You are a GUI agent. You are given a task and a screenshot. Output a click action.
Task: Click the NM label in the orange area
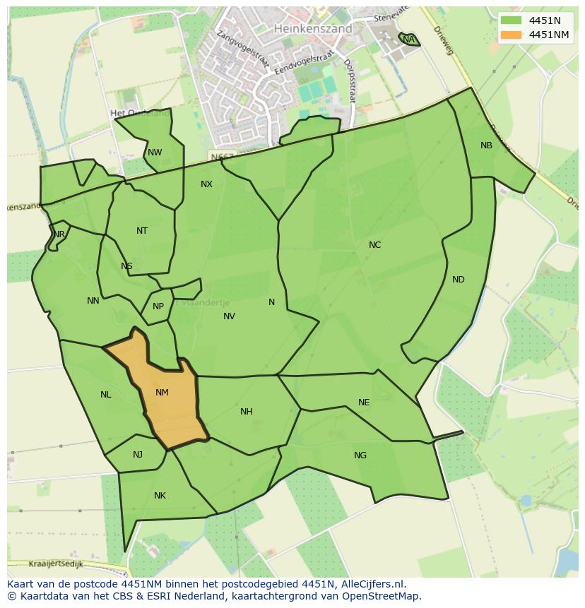pos(162,393)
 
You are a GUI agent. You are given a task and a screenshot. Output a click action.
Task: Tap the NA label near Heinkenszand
pos(408,40)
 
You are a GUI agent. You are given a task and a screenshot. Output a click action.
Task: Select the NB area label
pos(486,145)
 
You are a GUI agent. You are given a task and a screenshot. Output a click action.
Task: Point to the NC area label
pos(374,245)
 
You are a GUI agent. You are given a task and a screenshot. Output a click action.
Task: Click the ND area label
pos(459,280)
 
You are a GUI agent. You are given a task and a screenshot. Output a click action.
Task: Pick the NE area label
pos(364,403)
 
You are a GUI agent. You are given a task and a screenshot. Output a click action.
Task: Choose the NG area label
pos(360,455)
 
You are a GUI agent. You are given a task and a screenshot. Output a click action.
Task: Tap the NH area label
pos(246,412)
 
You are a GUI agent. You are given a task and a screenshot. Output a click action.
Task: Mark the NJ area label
pos(138,454)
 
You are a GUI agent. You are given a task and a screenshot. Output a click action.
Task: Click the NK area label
pos(160,496)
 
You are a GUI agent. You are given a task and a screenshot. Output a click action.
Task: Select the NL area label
pos(105,395)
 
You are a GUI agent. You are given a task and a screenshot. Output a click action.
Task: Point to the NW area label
pos(155,153)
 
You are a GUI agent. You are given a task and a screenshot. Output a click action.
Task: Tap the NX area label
pos(206,184)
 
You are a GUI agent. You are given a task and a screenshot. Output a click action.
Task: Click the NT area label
pos(142,231)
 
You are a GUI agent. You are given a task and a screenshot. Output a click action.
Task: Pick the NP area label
pos(158,306)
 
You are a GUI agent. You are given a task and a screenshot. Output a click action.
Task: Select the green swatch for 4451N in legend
pos(511,20)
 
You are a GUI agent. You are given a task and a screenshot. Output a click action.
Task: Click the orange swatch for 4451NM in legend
pos(511,35)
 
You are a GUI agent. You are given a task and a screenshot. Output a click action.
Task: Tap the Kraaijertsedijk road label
pos(57,564)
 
